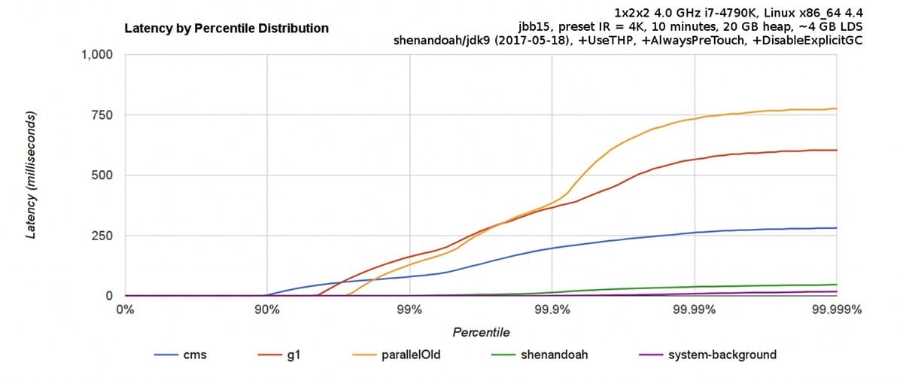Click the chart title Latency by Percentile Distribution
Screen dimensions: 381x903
point(227,29)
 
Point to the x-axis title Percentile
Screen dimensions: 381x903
point(481,332)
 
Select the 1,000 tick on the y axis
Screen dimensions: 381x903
point(97,55)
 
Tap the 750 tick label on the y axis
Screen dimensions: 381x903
point(102,115)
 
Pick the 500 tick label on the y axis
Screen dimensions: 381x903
point(102,175)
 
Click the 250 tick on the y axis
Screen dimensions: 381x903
point(102,236)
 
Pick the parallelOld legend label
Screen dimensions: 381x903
point(411,355)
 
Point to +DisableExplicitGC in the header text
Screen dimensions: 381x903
point(805,41)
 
